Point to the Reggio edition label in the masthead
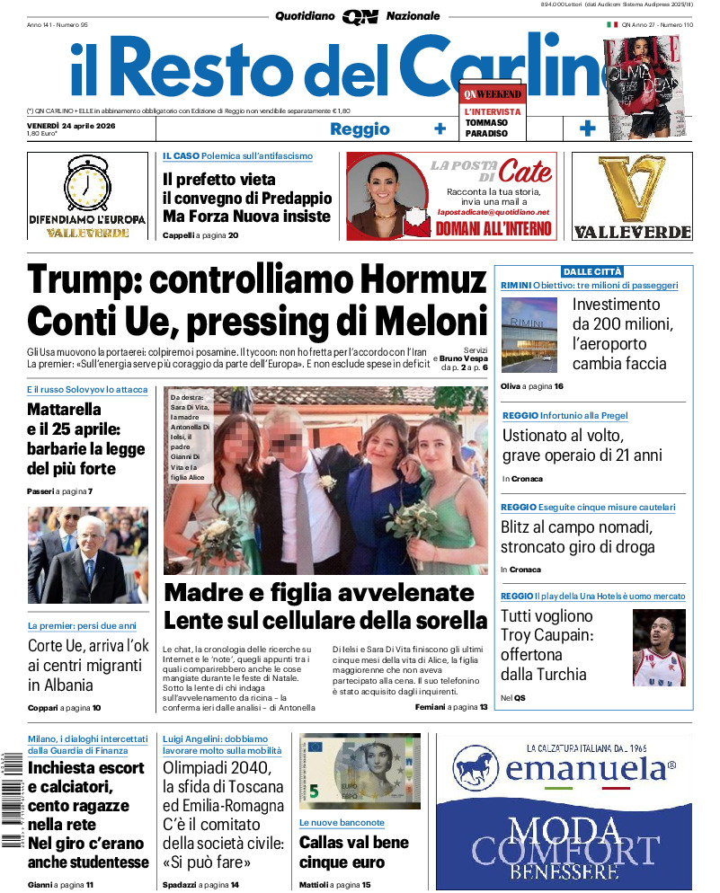coord(360,129)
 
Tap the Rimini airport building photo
coord(529,335)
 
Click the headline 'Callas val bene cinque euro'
coord(354,853)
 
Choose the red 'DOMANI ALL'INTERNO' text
coord(493,229)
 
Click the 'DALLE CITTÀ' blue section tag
coord(592,271)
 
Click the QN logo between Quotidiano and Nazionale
coord(360,16)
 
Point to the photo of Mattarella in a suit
coord(88,555)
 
